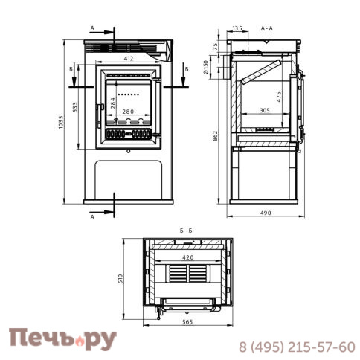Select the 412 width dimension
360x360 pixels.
(128, 58)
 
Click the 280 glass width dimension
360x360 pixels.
(128, 112)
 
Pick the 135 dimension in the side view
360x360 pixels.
(237, 29)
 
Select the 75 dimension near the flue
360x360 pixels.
(216, 47)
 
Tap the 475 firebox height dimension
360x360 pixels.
(279, 97)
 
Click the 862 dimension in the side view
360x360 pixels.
(216, 136)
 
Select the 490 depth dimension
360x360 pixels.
(266, 213)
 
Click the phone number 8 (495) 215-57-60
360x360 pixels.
(296, 347)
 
